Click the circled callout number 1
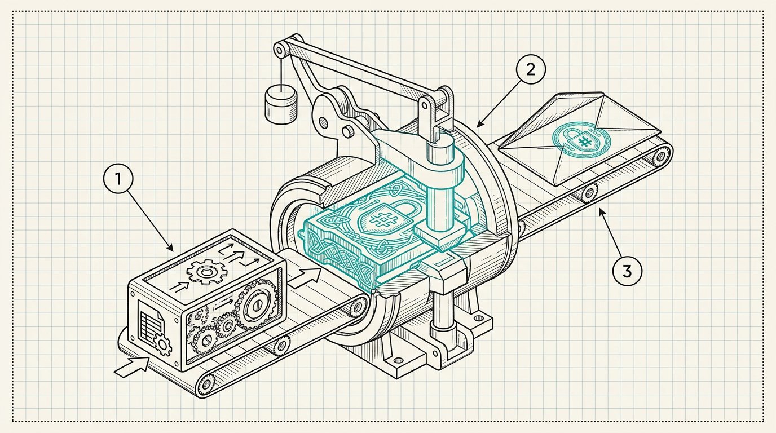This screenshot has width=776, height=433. [118, 179]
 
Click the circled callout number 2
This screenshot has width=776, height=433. [530, 69]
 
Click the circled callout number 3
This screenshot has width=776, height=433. [627, 271]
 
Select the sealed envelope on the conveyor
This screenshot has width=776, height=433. [580, 138]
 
